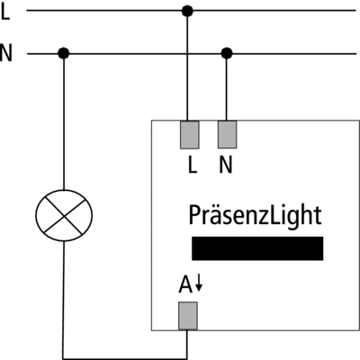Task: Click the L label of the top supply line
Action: click(x=5, y=13)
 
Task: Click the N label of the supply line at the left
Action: click(x=6, y=53)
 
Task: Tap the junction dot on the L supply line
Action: click(x=187, y=11)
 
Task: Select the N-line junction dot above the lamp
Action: click(x=64, y=54)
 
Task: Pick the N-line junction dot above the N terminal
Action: click(x=227, y=54)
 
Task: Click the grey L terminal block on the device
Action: click(x=190, y=135)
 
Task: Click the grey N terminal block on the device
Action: click(x=227, y=134)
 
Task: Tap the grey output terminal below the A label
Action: click(x=188, y=316)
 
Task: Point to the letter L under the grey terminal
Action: click(x=193, y=166)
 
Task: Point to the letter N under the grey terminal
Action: click(x=226, y=166)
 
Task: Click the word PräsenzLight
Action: click(x=255, y=216)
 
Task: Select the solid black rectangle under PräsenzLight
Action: click(x=257, y=248)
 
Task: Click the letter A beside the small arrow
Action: click(x=185, y=284)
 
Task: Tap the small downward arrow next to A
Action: click(x=199, y=283)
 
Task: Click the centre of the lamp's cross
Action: click(x=64, y=216)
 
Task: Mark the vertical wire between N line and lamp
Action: click(x=64, y=121)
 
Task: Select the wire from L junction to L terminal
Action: click(x=187, y=66)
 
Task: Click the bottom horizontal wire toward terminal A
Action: click(x=125, y=358)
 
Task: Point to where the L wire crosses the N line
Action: click(x=187, y=54)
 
